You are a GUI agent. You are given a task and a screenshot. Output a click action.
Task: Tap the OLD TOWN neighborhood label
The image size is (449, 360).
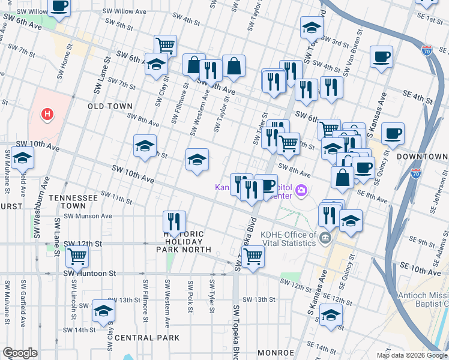(110, 106)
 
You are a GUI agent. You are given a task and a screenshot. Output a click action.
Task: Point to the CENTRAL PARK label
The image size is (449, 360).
(146, 338)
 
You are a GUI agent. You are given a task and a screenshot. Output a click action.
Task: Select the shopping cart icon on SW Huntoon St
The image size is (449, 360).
(77, 256)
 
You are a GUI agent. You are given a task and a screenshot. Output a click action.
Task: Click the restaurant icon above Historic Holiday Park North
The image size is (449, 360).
(174, 221)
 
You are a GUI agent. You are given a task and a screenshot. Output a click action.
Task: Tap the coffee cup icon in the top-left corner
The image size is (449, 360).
(58, 7)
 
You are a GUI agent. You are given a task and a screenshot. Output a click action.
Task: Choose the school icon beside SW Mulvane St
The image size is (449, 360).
(22, 158)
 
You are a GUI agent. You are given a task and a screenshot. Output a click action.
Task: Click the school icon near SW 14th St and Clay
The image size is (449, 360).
(103, 311)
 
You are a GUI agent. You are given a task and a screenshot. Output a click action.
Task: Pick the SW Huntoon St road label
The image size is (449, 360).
(89, 274)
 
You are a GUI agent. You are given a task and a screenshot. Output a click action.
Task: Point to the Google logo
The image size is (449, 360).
(21, 353)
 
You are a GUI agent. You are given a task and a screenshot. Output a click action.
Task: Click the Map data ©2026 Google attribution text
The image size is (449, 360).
(412, 355)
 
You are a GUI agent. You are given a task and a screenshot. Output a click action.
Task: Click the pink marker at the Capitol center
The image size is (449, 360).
(301, 191)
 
